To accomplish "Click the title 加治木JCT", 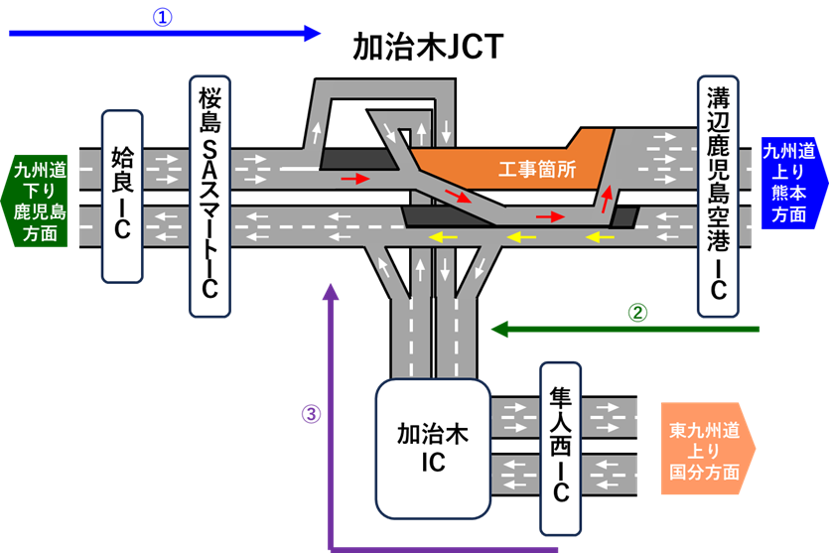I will [428, 47].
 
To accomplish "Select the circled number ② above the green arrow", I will [638, 311].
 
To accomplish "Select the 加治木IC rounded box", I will [432, 448].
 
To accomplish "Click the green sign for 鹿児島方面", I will [38, 200].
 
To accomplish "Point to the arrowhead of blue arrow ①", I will [312, 34].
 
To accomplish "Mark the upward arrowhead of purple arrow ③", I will [331, 291].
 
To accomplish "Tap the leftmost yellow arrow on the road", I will [443, 236].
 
